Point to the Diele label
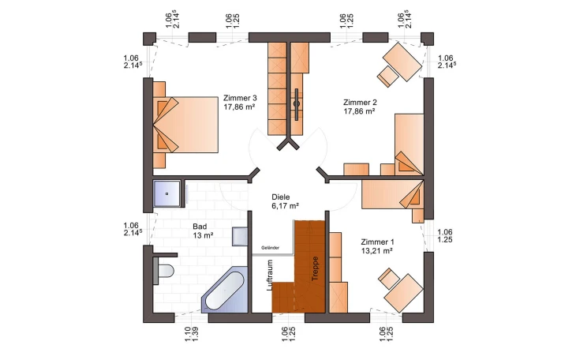pyautogui.click(x=281, y=197)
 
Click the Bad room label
pyautogui.click(x=200, y=227)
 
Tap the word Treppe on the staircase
pyautogui.click(x=315, y=268)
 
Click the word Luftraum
pyautogui.click(x=270, y=276)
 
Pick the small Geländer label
pyautogui.click(x=271, y=248)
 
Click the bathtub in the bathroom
pyautogui.click(x=224, y=292)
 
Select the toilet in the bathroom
pyautogui.click(x=163, y=271)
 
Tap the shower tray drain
pyautogui.click(x=166, y=193)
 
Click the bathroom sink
pyautogui.click(x=240, y=236)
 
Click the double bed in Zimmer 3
pyautogui.click(x=185, y=125)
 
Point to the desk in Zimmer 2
pyautogui.click(x=402, y=62)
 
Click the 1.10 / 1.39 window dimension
pyautogui.click(x=192, y=334)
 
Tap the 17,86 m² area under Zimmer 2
pyautogui.click(x=359, y=111)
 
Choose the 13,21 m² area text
pyautogui.click(x=377, y=251)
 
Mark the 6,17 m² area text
pyautogui.click(x=285, y=206)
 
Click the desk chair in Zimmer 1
pyautogui.click(x=389, y=279)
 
